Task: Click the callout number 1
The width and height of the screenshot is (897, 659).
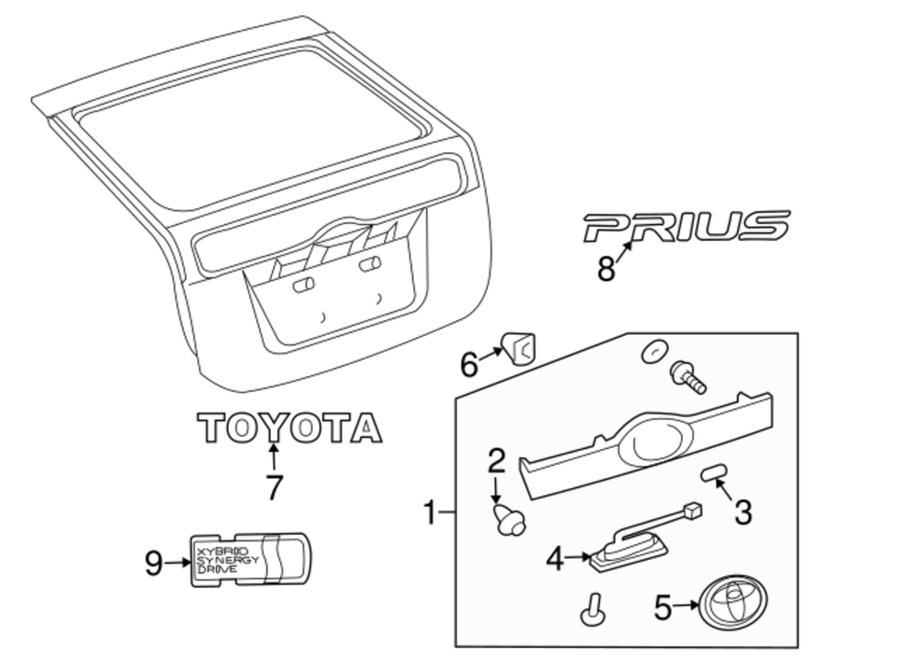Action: click(x=430, y=512)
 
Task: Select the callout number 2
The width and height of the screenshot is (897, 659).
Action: click(x=496, y=460)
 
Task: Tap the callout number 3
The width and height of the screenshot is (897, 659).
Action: click(x=743, y=512)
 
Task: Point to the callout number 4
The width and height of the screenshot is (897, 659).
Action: click(x=556, y=559)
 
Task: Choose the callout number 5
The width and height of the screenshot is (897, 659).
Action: click(x=662, y=609)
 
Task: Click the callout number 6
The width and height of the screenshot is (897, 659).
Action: click(x=469, y=364)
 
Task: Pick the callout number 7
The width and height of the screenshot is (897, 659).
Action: click(x=273, y=486)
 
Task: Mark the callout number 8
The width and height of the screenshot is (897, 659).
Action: click(x=606, y=270)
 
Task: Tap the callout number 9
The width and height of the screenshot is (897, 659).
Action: click(x=154, y=562)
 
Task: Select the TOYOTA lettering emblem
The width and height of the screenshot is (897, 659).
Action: click(x=290, y=428)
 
